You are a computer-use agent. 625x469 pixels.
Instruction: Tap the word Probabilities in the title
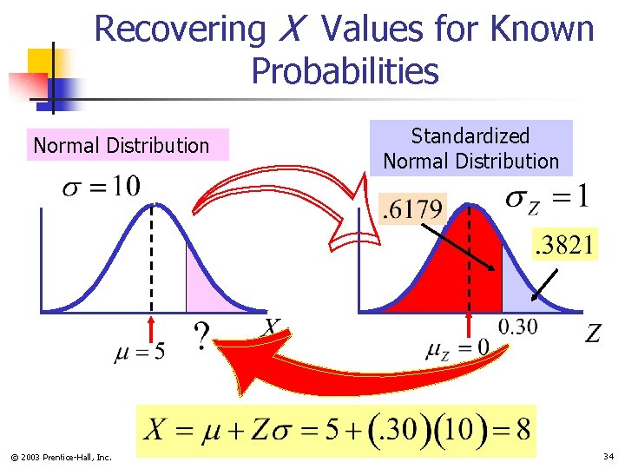[x=345, y=71]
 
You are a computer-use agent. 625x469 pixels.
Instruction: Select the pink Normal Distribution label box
[x=122, y=145]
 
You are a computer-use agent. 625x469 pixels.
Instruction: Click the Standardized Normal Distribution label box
[x=471, y=149]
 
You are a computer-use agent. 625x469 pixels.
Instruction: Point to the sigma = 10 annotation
[x=101, y=187]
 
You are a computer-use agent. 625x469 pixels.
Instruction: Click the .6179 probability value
[x=412, y=209]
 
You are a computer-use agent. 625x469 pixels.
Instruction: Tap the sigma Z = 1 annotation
[x=548, y=198]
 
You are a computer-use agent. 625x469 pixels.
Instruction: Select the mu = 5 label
[x=139, y=353]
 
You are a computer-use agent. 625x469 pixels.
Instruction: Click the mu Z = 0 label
[x=457, y=348]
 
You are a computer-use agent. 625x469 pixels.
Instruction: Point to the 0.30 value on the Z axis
[x=517, y=327]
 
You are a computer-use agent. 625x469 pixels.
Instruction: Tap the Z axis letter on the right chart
[x=593, y=334]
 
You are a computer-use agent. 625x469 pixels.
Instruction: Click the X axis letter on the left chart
[x=271, y=327]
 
